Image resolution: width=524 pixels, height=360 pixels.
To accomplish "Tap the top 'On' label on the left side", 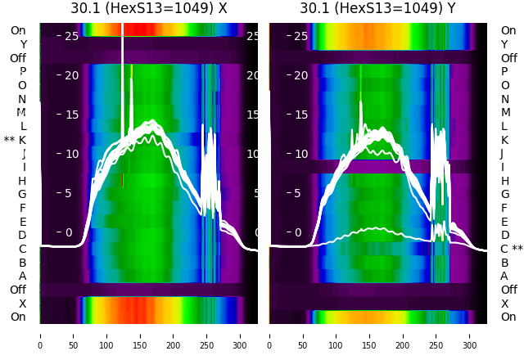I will tap(18, 31).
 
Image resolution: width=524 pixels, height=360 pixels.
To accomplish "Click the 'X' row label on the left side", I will tap(22, 304).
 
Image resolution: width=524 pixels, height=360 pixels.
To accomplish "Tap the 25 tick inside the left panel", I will tap(71, 36).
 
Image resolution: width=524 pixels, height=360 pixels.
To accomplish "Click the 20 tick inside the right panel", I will tap(300, 75).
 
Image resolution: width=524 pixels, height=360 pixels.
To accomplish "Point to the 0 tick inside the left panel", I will tap(69, 232).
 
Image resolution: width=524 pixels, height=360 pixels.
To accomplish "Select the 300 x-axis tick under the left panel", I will tap(241, 335).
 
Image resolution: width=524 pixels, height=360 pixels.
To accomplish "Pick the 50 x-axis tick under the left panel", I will tap(73, 335).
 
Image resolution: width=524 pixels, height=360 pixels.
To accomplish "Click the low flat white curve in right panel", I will tap(377, 229).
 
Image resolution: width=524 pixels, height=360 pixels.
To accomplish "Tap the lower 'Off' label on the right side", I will tap(509, 290).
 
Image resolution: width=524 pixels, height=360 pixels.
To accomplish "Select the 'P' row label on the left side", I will tap(22, 72).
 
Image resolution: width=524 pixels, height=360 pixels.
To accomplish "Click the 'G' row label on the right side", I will tap(504, 195).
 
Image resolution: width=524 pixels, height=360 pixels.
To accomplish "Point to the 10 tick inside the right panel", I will tap(300, 154).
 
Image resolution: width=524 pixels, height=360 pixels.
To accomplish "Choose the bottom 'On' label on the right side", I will tap(509, 317).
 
